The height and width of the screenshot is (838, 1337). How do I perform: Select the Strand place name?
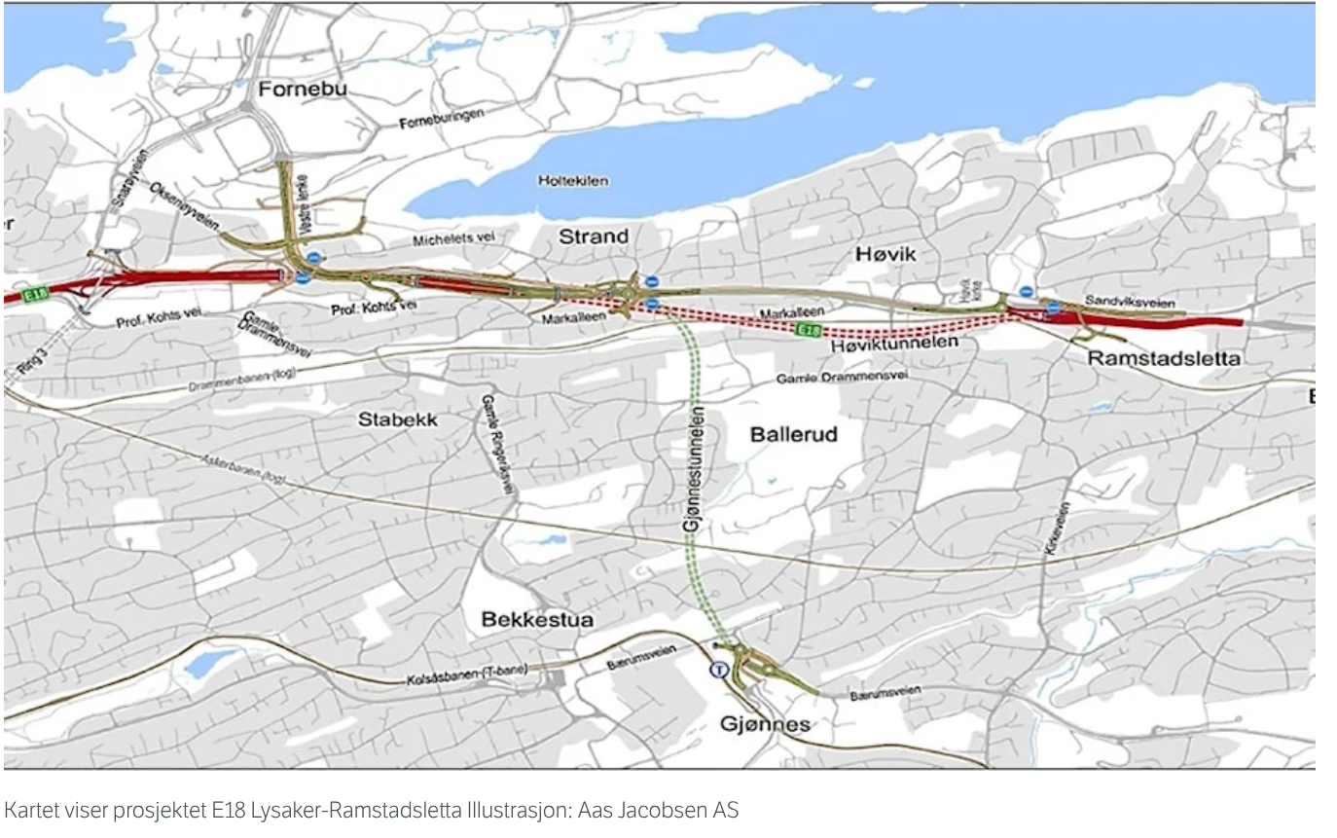pos(593,237)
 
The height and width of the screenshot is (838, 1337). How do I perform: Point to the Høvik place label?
pos(886,253)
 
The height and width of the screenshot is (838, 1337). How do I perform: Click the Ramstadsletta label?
pos(1164,358)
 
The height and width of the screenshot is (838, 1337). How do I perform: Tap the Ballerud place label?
pos(794,434)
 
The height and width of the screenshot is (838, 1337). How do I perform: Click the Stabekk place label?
pos(398,420)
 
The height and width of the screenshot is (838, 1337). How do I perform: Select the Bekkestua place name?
pos(537,620)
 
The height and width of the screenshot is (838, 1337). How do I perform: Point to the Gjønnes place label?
pos(764,725)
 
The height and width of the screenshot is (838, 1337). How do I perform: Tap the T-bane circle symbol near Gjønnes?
pos(719,670)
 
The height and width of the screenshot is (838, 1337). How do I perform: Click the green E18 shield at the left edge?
pos(36,293)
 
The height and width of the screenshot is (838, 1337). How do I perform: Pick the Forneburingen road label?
pos(441,119)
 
